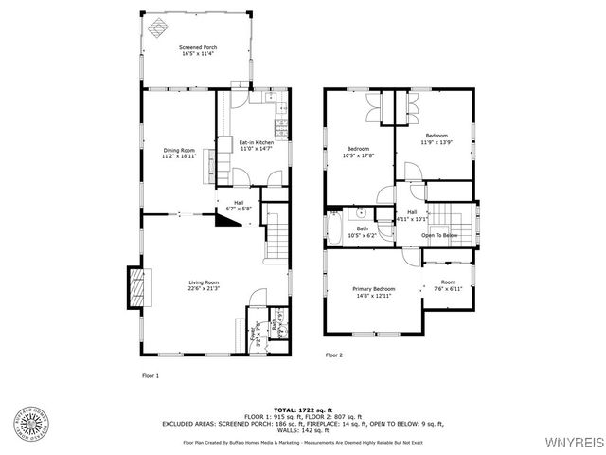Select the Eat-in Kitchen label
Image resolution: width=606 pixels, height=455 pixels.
[x=256, y=145]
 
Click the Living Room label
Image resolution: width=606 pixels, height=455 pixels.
[x=204, y=285]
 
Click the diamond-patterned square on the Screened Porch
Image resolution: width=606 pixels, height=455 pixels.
[x=160, y=26]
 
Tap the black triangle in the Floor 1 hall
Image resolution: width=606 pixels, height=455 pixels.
[x=226, y=220]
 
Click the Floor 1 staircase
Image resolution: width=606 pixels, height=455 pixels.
[x=275, y=237]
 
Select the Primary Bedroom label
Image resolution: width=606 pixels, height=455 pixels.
[x=374, y=291]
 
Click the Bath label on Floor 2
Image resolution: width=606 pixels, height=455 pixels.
[x=363, y=231]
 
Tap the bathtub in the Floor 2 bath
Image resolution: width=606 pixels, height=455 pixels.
[x=334, y=228]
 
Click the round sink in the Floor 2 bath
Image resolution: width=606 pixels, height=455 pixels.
[x=362, y=213]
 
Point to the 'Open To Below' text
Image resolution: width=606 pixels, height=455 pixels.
[x=439, y=235]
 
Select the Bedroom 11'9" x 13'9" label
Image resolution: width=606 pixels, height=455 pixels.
[x=436, y=138]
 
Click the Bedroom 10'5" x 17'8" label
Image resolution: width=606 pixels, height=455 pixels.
[x=359, y=153]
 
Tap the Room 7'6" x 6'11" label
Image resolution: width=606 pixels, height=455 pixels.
[x=447, y=284]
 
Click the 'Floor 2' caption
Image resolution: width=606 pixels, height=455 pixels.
[x=333, y=355]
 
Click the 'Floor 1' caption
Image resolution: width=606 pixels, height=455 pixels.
[x=151, y=375]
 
